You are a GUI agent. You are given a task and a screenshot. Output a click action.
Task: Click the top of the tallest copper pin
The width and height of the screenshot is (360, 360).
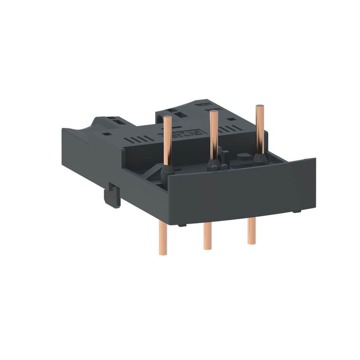coord(259,107)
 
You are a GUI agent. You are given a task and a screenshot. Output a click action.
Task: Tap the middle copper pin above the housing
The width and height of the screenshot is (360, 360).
coord(214,135)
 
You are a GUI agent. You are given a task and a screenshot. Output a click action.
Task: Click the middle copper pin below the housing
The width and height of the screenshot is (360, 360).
coord(207,235)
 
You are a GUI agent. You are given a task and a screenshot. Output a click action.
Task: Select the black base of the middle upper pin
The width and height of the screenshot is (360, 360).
coord(213,164)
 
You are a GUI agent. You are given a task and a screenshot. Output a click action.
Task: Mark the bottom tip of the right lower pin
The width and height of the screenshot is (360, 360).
coord(252,243)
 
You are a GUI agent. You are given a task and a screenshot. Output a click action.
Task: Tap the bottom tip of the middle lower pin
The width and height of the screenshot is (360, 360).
coord(207,248)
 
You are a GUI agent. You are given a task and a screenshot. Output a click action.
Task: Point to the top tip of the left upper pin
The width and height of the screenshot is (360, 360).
coord(168,117)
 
